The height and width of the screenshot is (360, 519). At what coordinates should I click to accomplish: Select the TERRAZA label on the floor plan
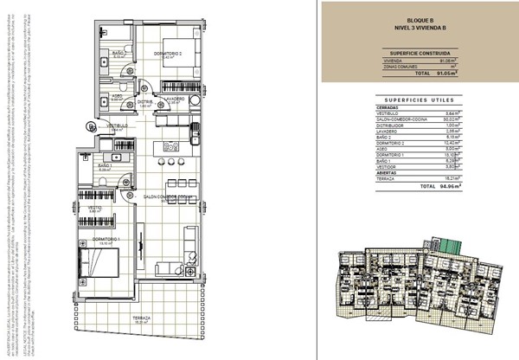click(143, 318)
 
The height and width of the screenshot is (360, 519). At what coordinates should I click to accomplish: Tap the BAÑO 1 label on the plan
click(104, 164)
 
